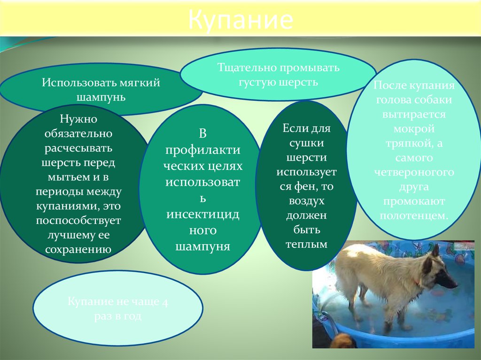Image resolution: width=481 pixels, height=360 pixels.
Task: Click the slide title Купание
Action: click(x=241, y=21)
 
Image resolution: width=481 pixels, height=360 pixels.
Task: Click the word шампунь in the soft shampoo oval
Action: click(x=101, y=98)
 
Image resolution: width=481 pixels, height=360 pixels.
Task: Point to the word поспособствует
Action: click(x=78, y=221)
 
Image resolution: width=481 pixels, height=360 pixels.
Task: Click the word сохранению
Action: click(x=78, y=249)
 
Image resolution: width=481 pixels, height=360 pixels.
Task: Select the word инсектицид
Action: click(x=202, y=214)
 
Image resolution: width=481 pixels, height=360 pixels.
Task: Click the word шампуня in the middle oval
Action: click(x=202, y=246)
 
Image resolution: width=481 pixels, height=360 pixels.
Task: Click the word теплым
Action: click(x=306, y=245)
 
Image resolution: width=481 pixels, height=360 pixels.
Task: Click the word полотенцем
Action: click(x=414, y=215)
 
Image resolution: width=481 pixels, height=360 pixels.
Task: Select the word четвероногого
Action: click(x=414, y=172)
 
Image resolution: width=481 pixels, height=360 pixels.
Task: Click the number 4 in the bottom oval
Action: click(x=164, y=302)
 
